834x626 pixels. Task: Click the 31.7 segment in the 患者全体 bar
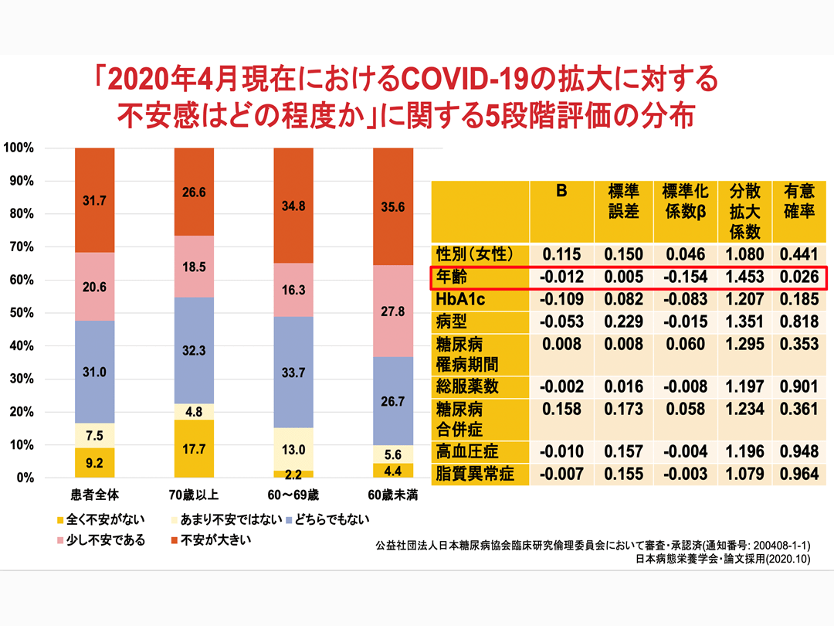[94, 200]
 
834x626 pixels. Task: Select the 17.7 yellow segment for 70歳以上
[194, 448]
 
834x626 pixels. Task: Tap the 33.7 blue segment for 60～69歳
[294, 372]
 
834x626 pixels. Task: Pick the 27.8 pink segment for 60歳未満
[393, 311]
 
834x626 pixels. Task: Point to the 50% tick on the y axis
[20, 313]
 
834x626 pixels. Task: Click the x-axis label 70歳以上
[194, 494]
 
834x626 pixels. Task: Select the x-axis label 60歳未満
[393, 494]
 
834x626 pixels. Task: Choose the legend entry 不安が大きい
[208, 539]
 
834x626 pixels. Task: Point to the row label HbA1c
[460, 299]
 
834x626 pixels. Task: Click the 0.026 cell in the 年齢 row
[799, 277]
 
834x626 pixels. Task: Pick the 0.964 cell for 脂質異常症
[799, 473]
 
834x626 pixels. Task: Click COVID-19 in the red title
[446, 79]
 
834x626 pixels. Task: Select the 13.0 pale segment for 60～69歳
[294, 449]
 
